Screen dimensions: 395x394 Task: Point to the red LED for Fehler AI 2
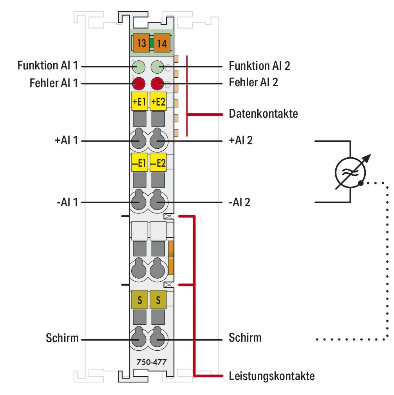click(x=158, y=83)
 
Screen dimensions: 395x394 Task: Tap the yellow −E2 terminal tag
click(x=158, y=163)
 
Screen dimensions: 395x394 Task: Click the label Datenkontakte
click(x=263, y=115)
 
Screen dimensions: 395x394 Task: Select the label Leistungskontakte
click(x=271, y=377)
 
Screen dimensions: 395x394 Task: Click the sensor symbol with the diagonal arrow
click(x=350, y=171)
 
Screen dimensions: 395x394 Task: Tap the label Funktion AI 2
click(x=259, y=66)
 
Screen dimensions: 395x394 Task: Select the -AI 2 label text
click(x=239, y=202)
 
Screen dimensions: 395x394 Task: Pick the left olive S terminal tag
click(x=139, y=300)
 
